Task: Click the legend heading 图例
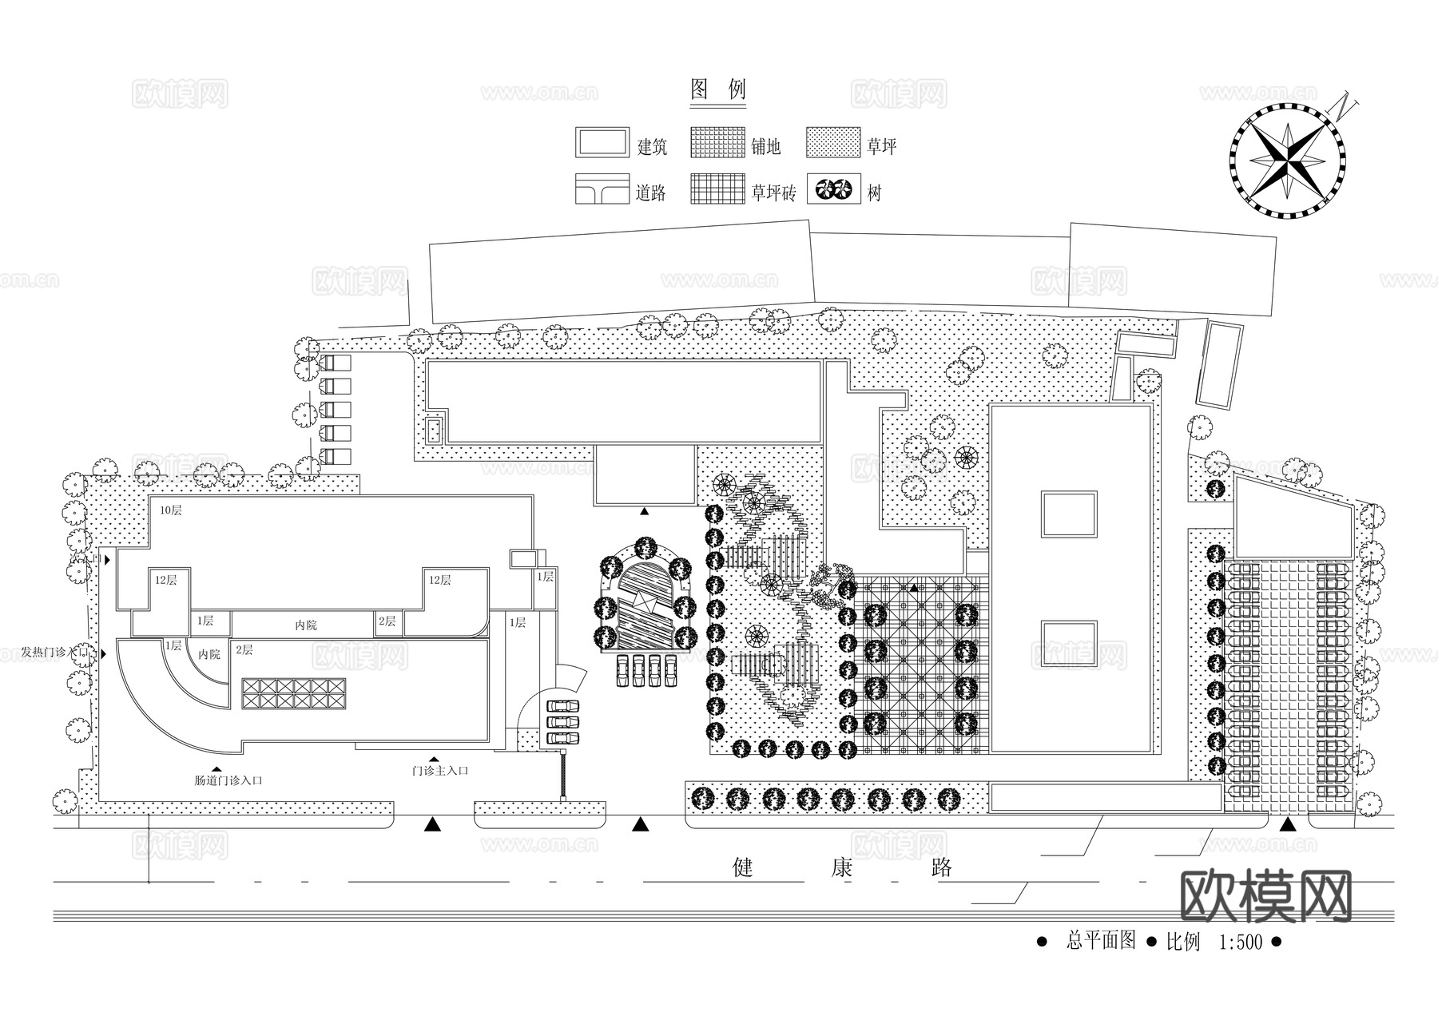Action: [x=717, y=89]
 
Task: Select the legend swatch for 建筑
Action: [x=602, y=142]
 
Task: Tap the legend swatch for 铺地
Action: [x=717, y=142]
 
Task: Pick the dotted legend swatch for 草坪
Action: [x=833, y=142]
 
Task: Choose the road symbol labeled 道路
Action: [x=602, y=189]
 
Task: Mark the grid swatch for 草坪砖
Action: [x=717, y=189]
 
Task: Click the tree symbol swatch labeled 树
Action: [x=833, y=189]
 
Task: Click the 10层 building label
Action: [x=170, y=510]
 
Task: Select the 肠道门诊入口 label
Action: [x=228, y=780]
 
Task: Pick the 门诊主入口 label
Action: [x=439, y=771]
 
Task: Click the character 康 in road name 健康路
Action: [x=841, y=867]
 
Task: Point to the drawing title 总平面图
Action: [x=1100, y=941]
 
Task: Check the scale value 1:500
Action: [x=1240, y=943]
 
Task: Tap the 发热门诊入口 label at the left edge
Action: [x=50, y=653]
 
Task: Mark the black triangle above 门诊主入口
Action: [x=434, y=758]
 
